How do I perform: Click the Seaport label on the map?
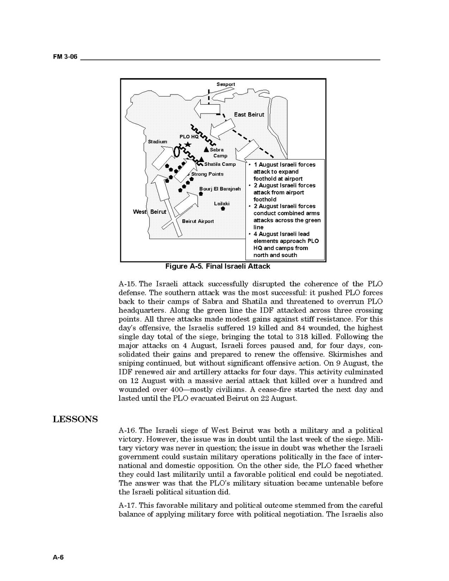[225, 84]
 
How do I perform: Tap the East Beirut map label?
[249, 115]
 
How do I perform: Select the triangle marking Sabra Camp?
[206, 150]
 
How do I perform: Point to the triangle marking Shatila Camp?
[201, 160]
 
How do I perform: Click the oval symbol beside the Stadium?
[177, 151]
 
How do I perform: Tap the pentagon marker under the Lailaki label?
[223, 209]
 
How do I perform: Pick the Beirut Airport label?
[198, 221]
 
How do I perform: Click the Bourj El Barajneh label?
[220, 189]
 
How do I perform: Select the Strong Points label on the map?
[207, 174]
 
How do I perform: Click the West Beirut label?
[149, 212]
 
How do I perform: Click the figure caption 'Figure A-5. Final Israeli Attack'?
[218, 266]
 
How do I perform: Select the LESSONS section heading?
[75, 419]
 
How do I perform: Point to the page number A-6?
[58, 557]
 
